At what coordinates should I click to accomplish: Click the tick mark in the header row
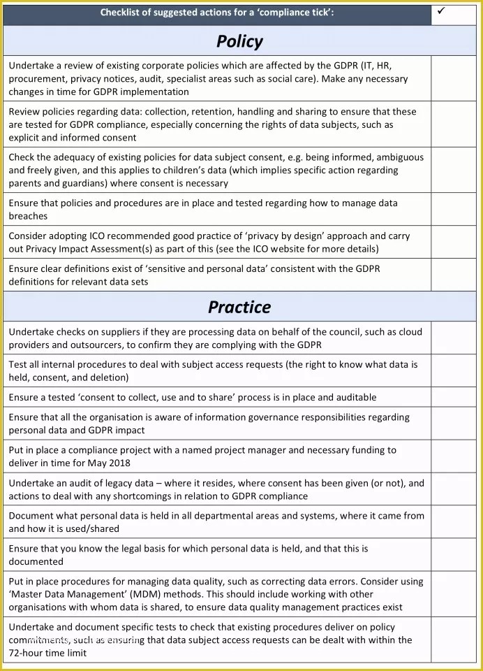(x=440, y=12)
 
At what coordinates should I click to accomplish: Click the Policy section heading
(x=239, y=41)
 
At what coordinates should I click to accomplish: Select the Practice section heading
(x=239, y=307)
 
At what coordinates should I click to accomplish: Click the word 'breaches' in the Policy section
(x=28, y=216)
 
